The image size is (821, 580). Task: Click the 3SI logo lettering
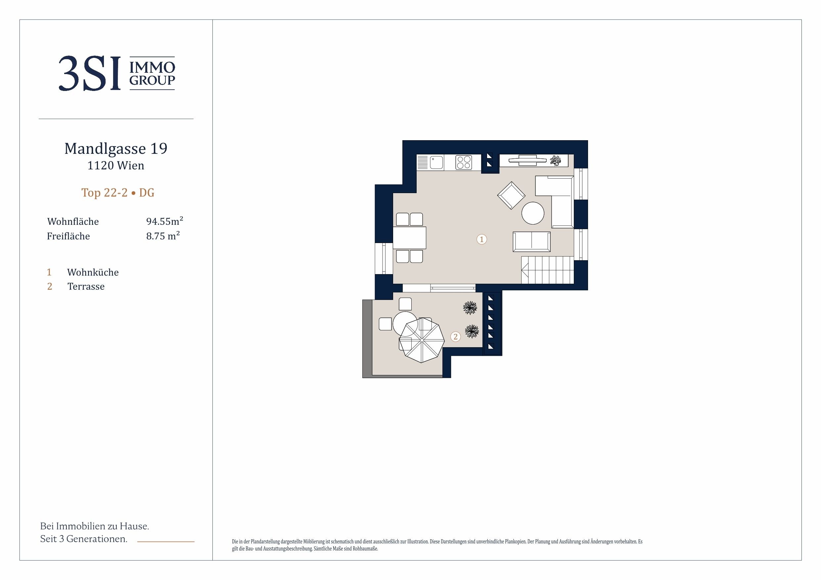click(90, 74)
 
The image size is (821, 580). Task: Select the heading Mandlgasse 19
click(116, 149)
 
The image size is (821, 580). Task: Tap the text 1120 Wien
click(116, 165)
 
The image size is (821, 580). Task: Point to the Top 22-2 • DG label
click(118, 193)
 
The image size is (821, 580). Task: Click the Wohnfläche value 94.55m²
click(164, 221)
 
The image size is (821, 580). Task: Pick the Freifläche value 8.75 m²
click(163, 235)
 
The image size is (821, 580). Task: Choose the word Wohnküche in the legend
click(93, 272)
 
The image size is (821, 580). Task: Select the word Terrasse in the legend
click(86, 286)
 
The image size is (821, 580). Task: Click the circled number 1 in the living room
click(482, 239)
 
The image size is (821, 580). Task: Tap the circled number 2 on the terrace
click(456, 337)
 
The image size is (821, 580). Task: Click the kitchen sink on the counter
click(436, 163)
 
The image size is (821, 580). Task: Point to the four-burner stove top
click(463, 163)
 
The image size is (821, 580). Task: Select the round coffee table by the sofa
click(533, 213)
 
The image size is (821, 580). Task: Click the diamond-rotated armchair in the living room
click(511, 195)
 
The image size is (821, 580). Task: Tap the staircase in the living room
click(547, 270)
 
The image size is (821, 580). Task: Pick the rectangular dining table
click(409, 238)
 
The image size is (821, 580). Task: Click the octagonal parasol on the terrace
click(422, 340)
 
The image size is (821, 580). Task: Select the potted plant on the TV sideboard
click(555, 160)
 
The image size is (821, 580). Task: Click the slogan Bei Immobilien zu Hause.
click(94, 526)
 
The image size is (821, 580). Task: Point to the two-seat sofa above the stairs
click(532, 242)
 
